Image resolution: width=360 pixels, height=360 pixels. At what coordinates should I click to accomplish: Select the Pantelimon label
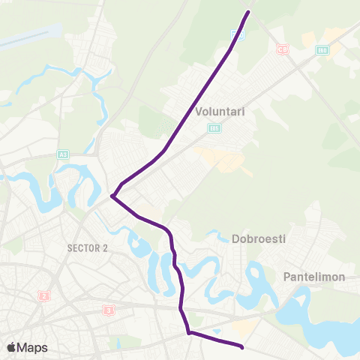coord(313,277)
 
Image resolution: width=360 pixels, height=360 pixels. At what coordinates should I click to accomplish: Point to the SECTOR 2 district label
coord(88,247)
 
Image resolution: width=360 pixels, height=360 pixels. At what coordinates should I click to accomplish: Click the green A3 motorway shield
coord(62,154)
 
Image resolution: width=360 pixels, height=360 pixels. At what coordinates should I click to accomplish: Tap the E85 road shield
coord(214,128)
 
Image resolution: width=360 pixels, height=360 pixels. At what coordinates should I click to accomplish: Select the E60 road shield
coord(322,50)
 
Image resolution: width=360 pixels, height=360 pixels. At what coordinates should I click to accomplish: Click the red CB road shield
coord(282,49)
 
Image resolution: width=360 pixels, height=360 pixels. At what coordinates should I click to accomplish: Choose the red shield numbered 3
coord(109,309)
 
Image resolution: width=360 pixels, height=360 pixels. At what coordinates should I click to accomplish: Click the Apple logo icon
coord(11,347)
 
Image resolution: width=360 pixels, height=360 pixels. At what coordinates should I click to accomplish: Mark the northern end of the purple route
coord(249,12)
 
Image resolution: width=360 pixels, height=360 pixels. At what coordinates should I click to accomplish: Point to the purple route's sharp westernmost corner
coord(112,196)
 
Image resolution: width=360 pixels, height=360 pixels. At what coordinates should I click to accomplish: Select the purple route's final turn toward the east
coord(188,332)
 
